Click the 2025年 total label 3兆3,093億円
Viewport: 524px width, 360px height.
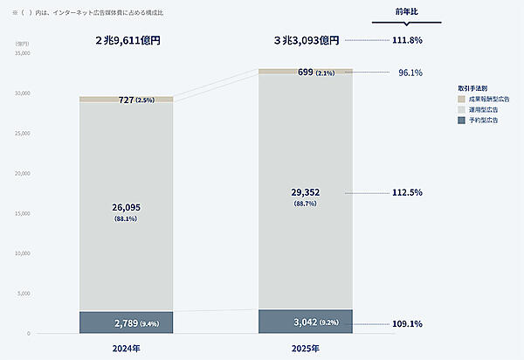(305, 40)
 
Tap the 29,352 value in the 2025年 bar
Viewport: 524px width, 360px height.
(305, 192)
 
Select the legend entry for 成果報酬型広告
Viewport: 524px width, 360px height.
(487, 100)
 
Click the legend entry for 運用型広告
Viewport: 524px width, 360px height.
(483, 109)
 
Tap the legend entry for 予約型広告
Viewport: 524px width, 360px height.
(483, 120)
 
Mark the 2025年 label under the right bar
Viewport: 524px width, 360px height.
(305, 348)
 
